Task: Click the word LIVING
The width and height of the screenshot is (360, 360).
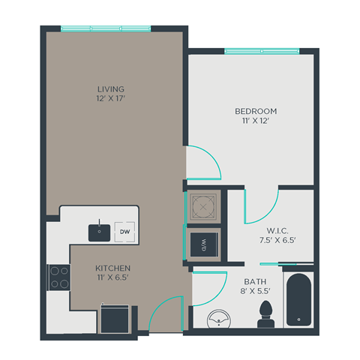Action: click(110, 88)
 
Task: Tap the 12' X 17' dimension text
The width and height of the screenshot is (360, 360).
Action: click(110, 99)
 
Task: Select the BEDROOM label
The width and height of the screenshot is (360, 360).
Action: click(252, 111)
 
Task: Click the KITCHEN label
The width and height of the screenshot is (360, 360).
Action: click(113, 268)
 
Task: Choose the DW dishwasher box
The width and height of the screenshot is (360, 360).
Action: click(125, 232)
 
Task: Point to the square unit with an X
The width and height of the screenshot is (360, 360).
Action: click(203, 204)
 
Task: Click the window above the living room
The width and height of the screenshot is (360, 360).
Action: click(106, 28)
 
